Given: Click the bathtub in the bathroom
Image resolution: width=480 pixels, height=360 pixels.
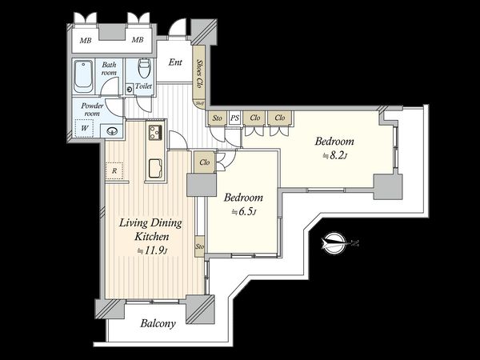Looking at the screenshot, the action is pos(83,76).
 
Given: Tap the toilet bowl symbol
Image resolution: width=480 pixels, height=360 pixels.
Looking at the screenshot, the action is pos(144,68).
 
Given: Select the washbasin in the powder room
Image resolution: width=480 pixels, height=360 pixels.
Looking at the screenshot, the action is pos(111,131).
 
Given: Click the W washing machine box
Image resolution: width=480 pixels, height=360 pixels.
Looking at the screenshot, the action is pos(84,128).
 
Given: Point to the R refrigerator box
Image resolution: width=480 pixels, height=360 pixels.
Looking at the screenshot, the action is pos(114,170).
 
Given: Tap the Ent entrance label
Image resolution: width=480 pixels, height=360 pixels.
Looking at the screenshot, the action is pos(175,62).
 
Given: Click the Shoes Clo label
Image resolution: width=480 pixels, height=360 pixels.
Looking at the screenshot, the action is pos(200,74).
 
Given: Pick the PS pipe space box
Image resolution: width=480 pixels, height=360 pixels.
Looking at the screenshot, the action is pos(234,118).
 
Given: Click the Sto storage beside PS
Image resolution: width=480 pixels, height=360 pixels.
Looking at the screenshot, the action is pos(218,118).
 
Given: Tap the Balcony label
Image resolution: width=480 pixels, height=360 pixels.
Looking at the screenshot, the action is pos(158,323).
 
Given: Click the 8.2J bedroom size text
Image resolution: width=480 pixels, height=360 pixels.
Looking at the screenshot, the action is pos(335,156).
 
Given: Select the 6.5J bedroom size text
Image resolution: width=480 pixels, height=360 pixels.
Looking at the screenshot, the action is pos(244,212).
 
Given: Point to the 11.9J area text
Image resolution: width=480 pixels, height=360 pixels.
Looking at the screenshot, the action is pos(152,251).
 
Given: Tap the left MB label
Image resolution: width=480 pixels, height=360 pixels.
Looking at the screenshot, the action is pos(86,40).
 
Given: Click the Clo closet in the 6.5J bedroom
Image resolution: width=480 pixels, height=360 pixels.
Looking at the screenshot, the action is pos(205,162).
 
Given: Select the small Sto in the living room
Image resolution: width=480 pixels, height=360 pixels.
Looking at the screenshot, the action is pos(199,246).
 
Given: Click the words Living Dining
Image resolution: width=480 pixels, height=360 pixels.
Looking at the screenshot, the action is pos(150,223).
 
